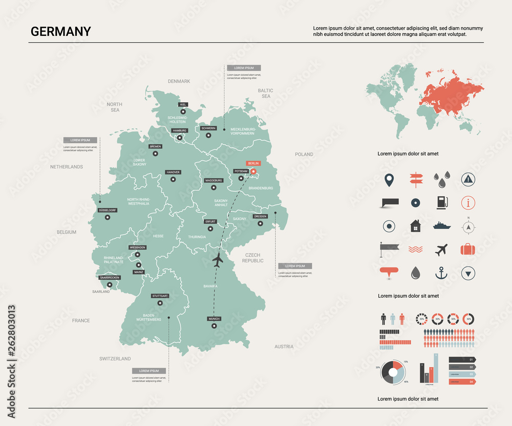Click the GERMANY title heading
click(60, 31)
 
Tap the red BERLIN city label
click(253, 163)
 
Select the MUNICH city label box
click(214, 319)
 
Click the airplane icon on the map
click(218, 260)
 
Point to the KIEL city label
click(183, 104)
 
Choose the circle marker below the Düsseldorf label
click(108, 217)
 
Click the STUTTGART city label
click(160, 296)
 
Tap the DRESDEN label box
click(260, 216)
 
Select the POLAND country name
click(304, 154)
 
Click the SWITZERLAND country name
click(115, 358)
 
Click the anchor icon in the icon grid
click(441, 273)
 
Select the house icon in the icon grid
click(415, 226)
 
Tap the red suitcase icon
click(468, 250)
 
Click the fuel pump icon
click(441, 203)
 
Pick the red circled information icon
click(468, 203)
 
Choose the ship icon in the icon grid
click(441, 226)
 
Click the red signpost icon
click(415, 180)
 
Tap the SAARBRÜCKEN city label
click(110, 278)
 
